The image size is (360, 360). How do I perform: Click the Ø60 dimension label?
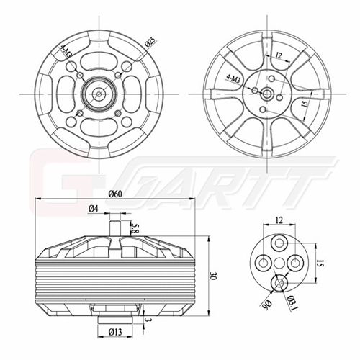[x=115, y=194]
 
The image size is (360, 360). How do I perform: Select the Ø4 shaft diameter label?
[x=94, y=209]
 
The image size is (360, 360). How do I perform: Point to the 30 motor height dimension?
[x=213, y=276]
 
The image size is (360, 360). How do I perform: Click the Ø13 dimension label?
[x=115, y=332]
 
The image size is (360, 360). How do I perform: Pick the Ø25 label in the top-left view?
[x=150, y=42]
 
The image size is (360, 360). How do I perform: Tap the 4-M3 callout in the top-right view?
[x=233, y=78]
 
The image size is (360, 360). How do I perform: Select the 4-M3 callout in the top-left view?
[x=66, y=52]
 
